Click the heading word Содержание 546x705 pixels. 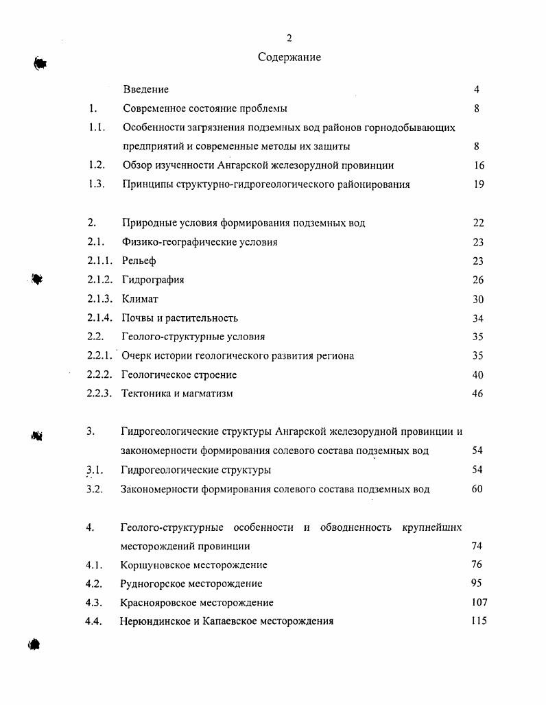289,57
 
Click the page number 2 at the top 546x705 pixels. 289,38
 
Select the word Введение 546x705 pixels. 145,89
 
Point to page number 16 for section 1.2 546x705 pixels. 479,165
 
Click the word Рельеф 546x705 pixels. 139,261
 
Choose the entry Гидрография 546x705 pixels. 153,280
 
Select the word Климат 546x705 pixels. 140,299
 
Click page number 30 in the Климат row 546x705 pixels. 478,299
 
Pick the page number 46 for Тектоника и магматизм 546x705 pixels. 477,394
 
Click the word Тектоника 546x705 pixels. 146,394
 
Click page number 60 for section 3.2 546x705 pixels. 477,489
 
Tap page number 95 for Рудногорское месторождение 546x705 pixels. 477,584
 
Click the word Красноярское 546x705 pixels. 154,602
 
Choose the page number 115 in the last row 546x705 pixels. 479,621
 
